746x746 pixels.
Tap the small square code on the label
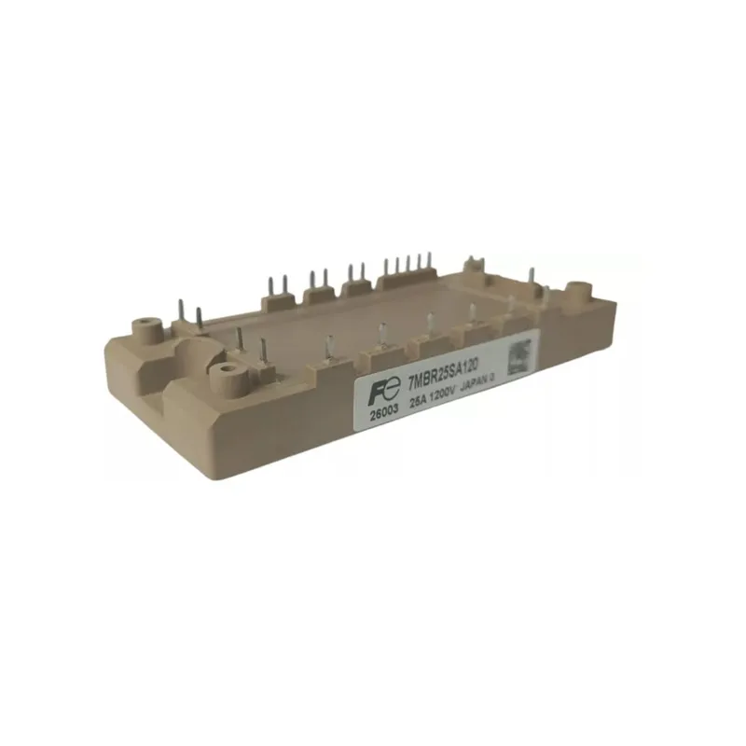(519, 359)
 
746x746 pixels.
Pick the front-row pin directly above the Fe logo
(382, 335)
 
